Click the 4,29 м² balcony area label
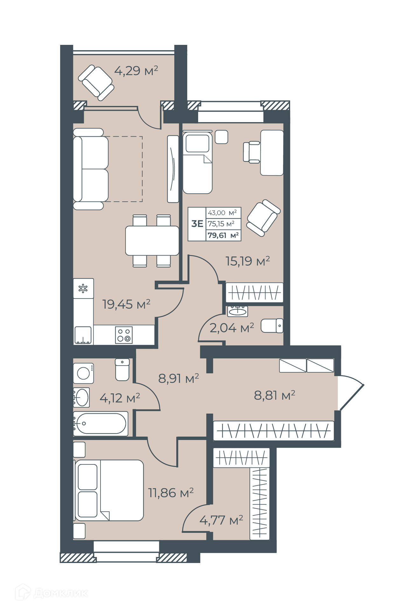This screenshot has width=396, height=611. [x=136, y=71]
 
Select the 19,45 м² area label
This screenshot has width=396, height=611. [x=126, y=304]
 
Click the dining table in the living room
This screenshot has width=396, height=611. [x=152, y=241]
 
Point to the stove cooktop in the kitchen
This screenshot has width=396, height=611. [x=124, y=335]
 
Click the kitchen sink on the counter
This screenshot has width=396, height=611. [x=83, y=335]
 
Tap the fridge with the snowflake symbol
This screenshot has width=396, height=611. [x=83, y=288]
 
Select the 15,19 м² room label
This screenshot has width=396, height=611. [x=248, y=261]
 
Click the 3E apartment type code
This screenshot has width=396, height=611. [x=197, y=224]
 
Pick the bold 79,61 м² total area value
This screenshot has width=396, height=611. [x=223, y=235]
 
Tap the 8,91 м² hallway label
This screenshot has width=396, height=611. [x=178, y=378]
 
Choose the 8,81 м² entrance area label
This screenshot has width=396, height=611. [x=274, y=395]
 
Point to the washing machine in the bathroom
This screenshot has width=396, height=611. [x=84, y=373]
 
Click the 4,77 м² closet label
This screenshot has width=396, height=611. [x=221, y=520]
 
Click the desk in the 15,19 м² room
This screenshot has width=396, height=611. [x=272, y=153]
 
